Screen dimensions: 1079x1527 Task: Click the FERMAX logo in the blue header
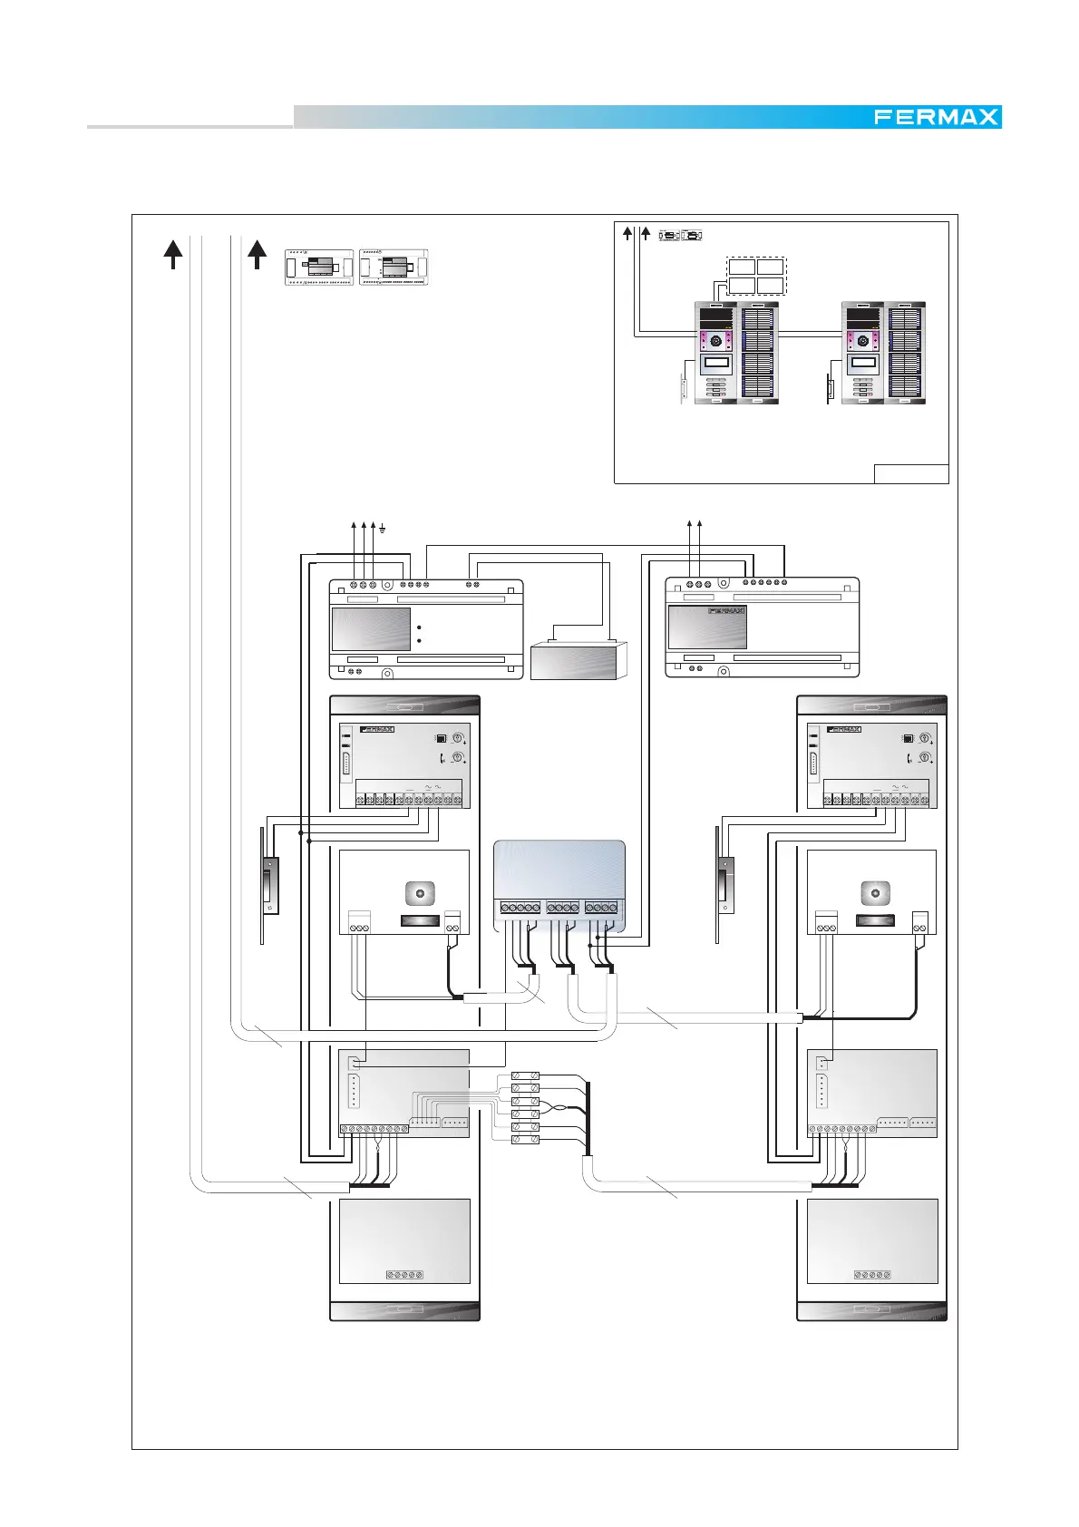[x=937, y=117]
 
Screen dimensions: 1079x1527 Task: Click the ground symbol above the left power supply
[x=383, y=529]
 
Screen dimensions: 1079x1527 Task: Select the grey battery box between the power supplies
[x=578, y=659]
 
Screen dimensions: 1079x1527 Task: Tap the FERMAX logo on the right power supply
[x=726, y=611]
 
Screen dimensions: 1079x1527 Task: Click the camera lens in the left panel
[x=420, y=893]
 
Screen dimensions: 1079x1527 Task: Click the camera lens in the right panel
[x=875, y=893]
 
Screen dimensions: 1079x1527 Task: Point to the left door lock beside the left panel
[x=270, y=885]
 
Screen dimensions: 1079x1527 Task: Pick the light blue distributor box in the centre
[x=559, y=886]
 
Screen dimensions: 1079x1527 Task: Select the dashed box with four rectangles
[x=756, y=276]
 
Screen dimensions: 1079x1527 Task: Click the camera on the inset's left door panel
[x=715, y=341]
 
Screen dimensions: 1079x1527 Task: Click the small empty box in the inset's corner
[x=911, y=473]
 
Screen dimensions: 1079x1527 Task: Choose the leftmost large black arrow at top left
[x=173, y=254]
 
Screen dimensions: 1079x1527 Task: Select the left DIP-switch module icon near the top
[x=319, y=267]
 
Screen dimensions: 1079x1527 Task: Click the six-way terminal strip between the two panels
[x=525, y=1108]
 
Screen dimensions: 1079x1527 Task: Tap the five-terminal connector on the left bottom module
[x=404, y=1275]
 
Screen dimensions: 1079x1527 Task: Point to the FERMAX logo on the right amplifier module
[x=844, y=729]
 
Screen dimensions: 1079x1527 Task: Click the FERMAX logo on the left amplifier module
[x=377, y=729]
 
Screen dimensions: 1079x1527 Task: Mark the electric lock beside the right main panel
[x=725, y=885]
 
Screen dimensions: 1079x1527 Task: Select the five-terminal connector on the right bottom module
[x=871, y=1275]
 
